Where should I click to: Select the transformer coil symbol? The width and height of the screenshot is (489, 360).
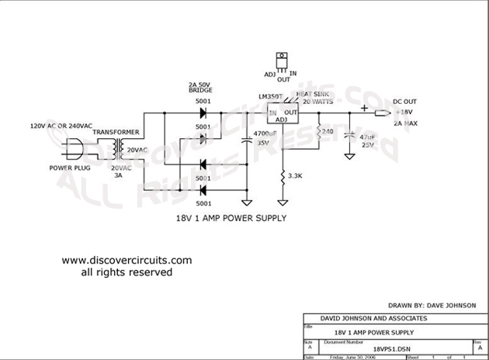(119, 147)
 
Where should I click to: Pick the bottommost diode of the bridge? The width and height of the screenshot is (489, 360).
(203, 187)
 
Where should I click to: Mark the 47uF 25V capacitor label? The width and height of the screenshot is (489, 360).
(366, 140)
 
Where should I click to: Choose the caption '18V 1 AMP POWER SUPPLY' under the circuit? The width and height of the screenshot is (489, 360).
(231, 219)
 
